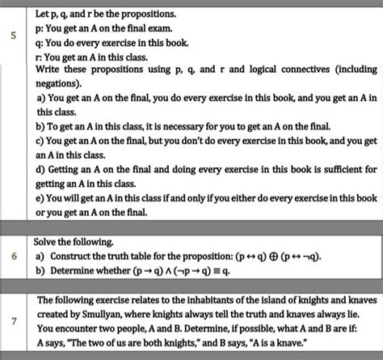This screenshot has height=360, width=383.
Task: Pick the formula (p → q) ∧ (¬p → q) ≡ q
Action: coord(182,272)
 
